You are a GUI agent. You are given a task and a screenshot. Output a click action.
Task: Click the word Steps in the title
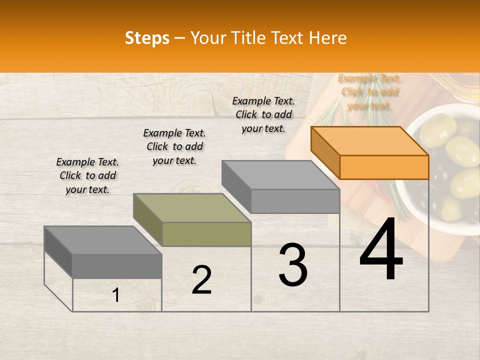pos(147,38)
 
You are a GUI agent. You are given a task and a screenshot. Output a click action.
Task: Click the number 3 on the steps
pos(293,265)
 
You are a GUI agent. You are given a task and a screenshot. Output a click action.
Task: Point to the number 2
pos(202,280)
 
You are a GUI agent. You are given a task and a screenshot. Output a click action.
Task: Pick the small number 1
pos(116,295)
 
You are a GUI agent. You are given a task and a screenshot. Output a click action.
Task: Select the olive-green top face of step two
pos(192,208)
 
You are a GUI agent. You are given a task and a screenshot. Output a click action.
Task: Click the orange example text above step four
pos(369,92)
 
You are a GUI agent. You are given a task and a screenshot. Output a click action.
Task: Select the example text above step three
pos(263,114)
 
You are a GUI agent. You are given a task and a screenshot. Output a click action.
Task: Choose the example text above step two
pos(174,146)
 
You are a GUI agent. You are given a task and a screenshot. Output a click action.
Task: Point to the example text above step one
pos(87,175)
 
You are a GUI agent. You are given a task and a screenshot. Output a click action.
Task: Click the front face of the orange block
pos(384,167)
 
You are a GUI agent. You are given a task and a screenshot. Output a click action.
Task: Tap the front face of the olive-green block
pos(207,234)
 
